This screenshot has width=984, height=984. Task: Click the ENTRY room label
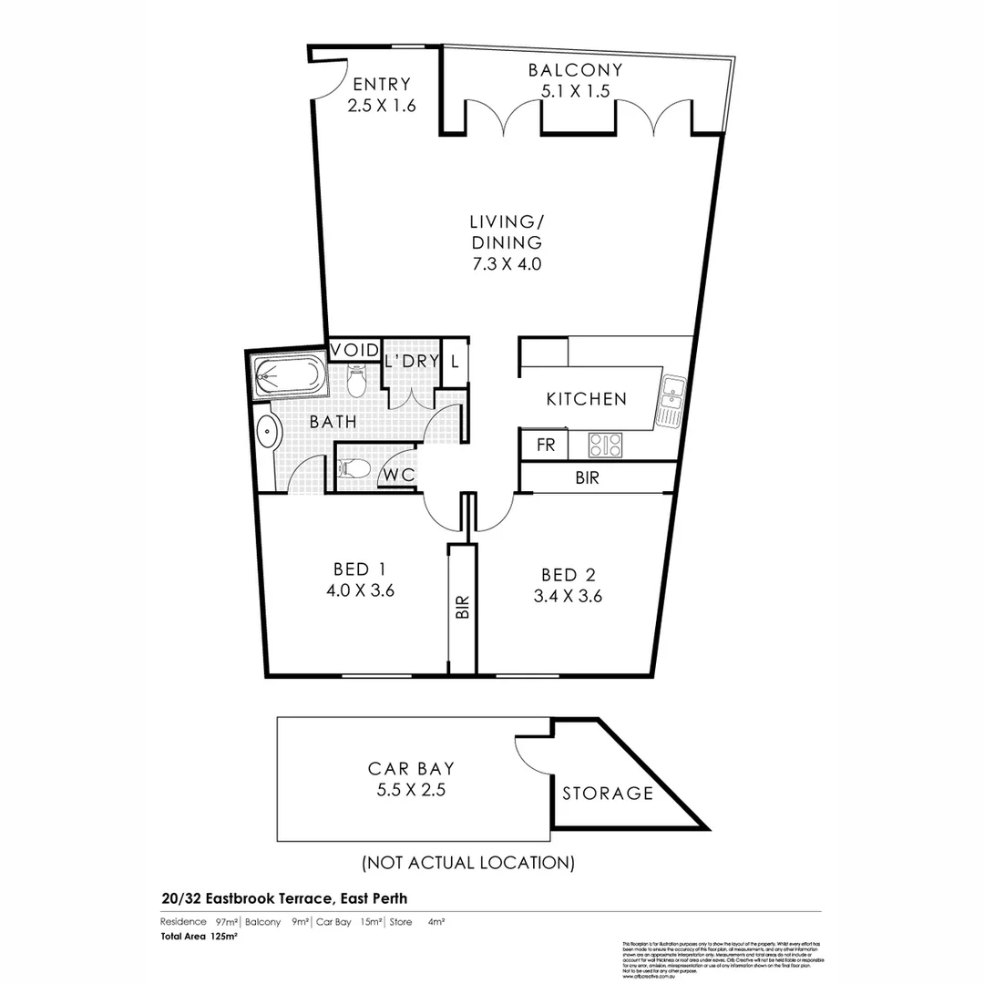[x=382, y=83]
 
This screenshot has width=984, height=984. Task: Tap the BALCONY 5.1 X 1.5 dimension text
[x=575, y=90]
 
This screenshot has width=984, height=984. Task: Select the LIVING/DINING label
[x=507, y=231]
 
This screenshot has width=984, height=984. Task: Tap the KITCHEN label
[x=586, y=399]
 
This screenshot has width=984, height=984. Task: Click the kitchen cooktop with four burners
[x=606, y=445]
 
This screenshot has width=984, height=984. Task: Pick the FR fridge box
[x=545, y=446]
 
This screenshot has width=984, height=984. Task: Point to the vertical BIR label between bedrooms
[x=463, y=608]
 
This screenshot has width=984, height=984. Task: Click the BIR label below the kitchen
[x=588, y=477]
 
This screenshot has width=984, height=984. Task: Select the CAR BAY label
[x=411, y=769]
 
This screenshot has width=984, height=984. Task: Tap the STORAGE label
[x=608, y=794]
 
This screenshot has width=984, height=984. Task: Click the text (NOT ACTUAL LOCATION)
[x=467, y=862]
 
